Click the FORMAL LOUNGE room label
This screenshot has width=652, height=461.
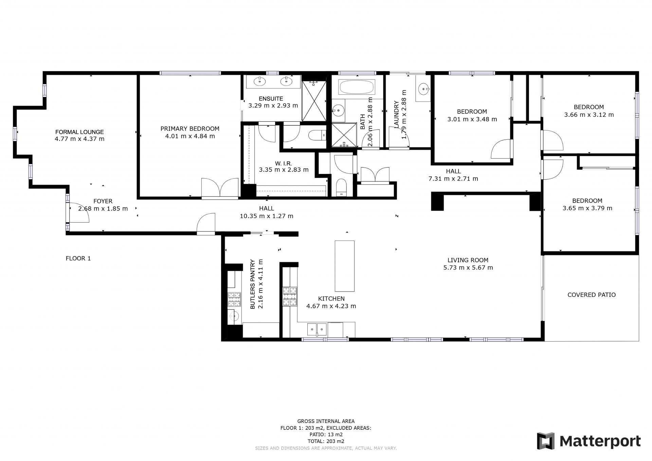[x=79, y=132]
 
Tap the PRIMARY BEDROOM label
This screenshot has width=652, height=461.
[x=190, y=128]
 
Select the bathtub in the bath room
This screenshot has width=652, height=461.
[x=357, y=87]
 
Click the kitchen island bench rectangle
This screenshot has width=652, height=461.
[x=345, y=266]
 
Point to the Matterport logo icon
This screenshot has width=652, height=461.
[x=545, y=441]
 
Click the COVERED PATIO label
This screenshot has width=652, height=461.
[x=592, y=295]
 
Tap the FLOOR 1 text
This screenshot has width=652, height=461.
[x=78, y=258]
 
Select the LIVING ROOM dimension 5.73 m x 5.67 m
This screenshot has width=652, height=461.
[x=468, y=267]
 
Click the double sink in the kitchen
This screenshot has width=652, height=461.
[x=316, y=329]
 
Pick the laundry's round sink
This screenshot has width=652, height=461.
[x=424, y=89]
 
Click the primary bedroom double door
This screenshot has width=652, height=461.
[x=220, y=188]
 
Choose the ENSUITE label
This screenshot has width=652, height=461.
[x=271, y=99]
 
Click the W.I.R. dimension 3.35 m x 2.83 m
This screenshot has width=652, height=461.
[x=284, y=170]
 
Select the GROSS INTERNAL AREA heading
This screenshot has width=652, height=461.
[x=326, y=421]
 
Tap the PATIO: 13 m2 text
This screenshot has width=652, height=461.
[x=326, y=435]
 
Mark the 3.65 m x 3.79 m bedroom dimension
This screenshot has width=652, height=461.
[x=587, y=208]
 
